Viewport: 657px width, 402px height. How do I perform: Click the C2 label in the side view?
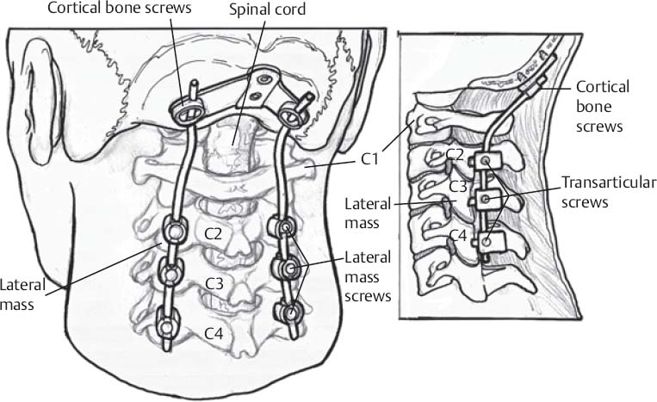point(456,155)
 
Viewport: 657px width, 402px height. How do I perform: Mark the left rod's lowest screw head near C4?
point(167,328)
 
